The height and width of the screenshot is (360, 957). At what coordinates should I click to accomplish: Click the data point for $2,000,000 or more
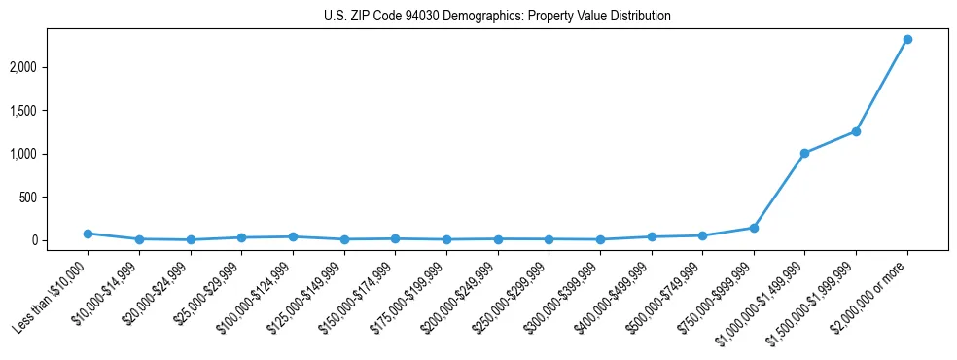(x=906, y=39)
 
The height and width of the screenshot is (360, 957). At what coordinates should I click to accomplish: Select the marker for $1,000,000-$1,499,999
(x=804, y=153)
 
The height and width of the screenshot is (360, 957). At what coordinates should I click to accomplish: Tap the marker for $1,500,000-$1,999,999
(x=856, y=131)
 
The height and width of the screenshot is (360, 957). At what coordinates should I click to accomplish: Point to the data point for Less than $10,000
(x=88, y=234)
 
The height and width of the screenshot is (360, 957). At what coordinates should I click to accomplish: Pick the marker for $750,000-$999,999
(x=753, y=228)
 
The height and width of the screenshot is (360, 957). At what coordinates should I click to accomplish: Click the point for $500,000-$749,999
(x=702, y=235)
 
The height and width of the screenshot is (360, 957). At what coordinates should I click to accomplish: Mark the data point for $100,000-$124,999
(x=293, y=236)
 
